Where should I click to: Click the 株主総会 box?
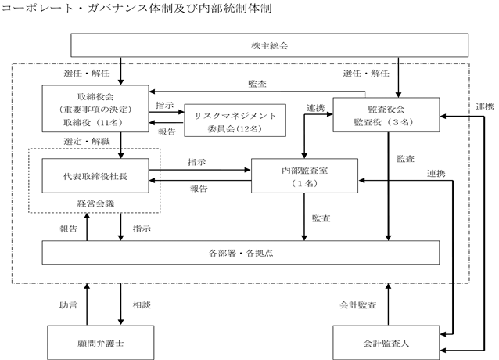(269, 45)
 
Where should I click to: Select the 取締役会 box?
(95, 109)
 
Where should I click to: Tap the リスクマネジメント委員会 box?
(235, 121)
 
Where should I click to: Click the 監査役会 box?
(386, 115)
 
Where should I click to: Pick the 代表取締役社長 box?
(95, 176)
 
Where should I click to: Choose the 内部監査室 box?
(304, 176)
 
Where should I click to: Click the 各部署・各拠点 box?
(241, 253)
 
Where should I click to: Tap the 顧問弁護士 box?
(101, 343)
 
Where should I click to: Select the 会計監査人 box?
(386, 343)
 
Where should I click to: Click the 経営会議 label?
(95, 203)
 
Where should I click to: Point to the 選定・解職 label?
(87, 142)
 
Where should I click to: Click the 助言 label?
(68, 305)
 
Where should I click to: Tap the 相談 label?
(142, 305)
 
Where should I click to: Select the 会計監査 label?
(358, 305)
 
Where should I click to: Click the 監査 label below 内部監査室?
(321, 218)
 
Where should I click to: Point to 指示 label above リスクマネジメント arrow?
(164, 106)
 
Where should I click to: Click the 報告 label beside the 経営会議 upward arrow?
(68, 229)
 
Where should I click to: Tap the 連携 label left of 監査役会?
(316, 108)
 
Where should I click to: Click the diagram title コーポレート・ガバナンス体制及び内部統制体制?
(137, 8)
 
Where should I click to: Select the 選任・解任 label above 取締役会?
(87, 74)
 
